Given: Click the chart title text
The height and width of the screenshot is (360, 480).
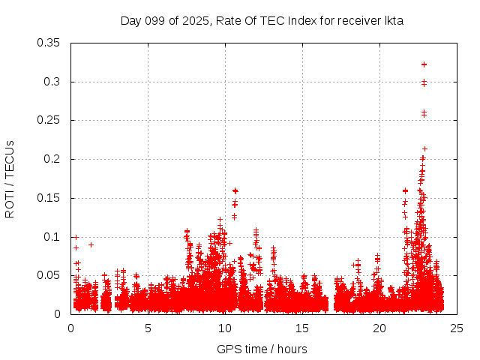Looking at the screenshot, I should (262, 21).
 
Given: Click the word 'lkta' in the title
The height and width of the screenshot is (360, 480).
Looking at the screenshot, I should (393, 21).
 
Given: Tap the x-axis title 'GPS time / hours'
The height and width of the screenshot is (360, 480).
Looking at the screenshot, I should (262, 349).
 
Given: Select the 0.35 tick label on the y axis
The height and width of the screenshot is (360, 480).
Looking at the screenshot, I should (49, 43).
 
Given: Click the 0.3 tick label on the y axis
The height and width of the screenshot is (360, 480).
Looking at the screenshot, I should (52, 82).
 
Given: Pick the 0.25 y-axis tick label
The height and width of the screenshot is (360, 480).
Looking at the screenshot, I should (49, 120).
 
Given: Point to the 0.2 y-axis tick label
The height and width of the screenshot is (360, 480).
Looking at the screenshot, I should (52, 159).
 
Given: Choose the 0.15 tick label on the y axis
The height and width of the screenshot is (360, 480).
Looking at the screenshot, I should (49, 198).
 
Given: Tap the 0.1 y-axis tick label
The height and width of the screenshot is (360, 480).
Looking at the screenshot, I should (52, 237).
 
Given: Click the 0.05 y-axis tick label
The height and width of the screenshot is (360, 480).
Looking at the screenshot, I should (49, 275).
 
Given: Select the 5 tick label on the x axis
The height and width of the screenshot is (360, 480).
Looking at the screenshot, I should (148, 328).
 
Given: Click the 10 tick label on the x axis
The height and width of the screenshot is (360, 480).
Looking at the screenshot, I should (225, 328).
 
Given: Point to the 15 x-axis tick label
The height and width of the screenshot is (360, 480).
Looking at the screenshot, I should (302, 328).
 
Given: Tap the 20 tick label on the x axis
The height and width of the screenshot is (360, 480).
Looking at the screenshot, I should (379, 328).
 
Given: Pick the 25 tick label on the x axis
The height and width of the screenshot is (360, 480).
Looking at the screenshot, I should (457, 328).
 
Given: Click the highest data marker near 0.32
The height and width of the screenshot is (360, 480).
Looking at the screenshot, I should (424, 64).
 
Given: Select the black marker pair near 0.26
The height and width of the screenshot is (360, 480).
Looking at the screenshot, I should (424, 113).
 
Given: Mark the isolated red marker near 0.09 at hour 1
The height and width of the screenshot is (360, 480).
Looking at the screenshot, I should (91, 244).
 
